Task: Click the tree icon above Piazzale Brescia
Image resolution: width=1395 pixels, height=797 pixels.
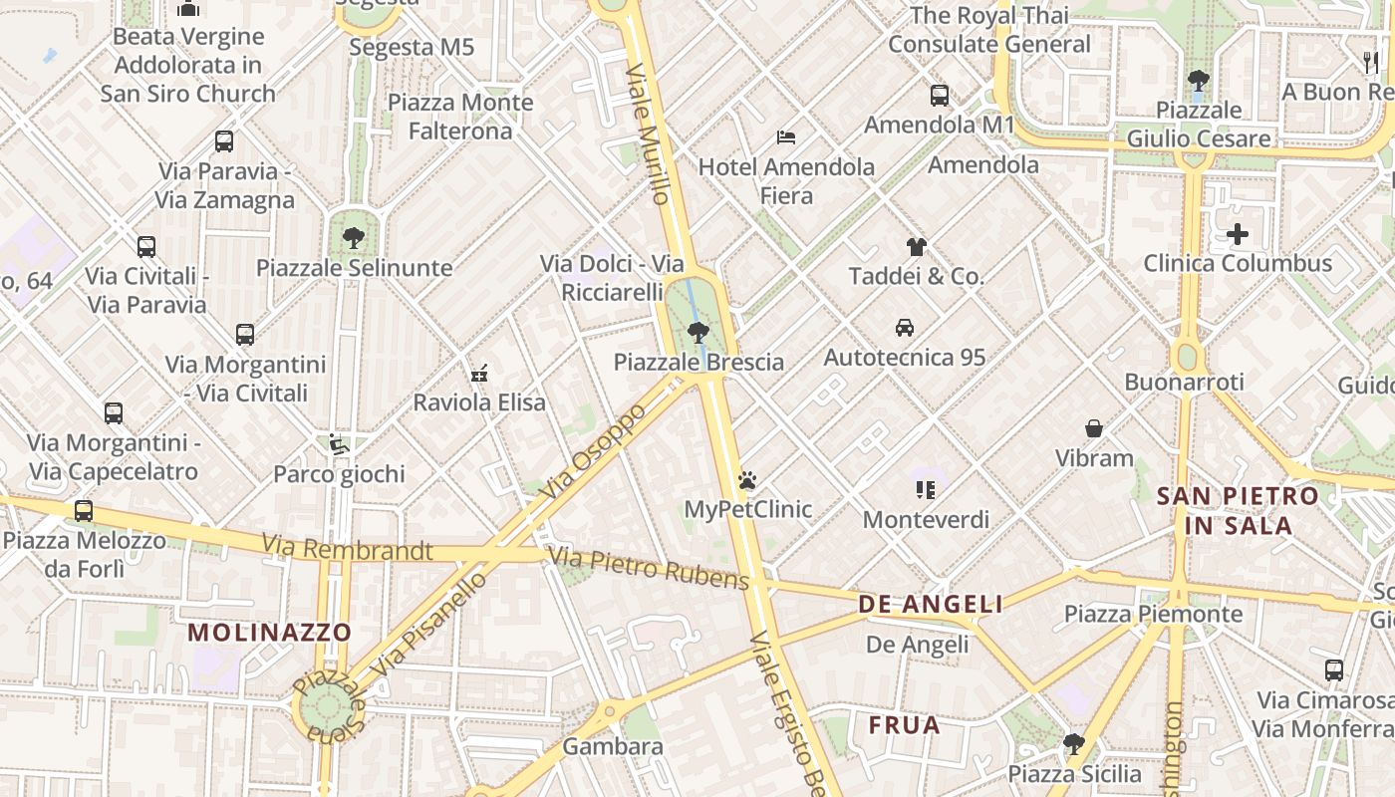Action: click(x=698, y=333)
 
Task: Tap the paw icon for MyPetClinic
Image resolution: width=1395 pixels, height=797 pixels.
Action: click(x=747, y=481)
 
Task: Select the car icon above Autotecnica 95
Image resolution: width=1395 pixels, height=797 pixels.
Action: click(x=905, y=327)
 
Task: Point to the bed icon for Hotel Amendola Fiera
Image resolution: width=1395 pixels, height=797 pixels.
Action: click(x=786, y=136)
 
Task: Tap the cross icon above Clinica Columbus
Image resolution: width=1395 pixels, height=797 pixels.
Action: click(x=1238, y=235)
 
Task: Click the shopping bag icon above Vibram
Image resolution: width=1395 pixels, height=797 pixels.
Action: click(x=1094, y=428)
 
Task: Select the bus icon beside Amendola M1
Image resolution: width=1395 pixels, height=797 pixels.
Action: click(x=940, y=96)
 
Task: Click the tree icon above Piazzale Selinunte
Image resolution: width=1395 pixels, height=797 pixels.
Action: click(x=353, y=238)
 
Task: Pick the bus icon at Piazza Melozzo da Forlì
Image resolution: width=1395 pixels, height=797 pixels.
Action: click(x=84, y=511)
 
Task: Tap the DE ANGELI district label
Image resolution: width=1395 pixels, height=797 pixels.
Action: click(x=931, y=604)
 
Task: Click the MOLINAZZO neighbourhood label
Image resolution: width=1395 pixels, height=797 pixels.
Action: click(x=270, y=632)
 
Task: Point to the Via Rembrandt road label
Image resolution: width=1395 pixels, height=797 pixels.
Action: click(x=347, y=548)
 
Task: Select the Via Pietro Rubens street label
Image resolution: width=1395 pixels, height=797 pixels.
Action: click(x=648, y=567)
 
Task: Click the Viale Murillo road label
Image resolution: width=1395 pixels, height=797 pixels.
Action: click(x=648, y=133)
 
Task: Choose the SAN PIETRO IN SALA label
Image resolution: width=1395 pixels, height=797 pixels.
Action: click(x=1237, y=510)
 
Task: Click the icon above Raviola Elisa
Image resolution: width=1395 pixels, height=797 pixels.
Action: click(x=479, y=374)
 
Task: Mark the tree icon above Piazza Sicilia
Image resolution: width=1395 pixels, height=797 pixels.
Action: click(x=1073, y=743)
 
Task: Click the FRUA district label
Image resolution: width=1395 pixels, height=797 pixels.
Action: click(x=904, y=724)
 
